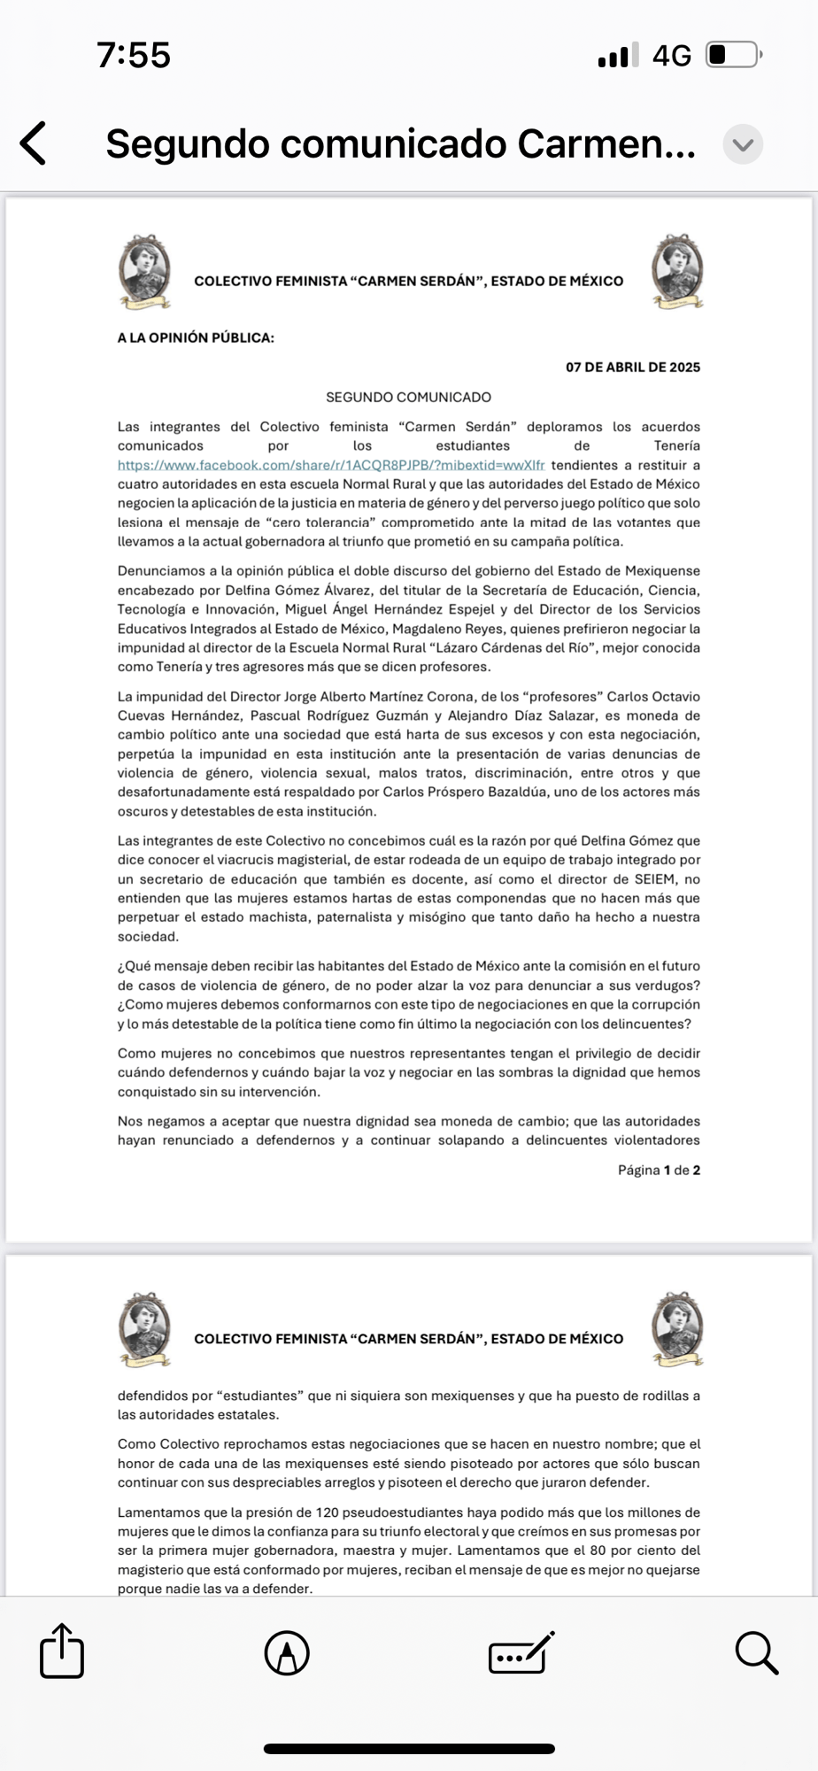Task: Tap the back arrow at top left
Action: [x=34, y=143]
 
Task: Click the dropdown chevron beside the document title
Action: [x=743, y=144]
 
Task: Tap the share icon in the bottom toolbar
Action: [x=62, y=1651]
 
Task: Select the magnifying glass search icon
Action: [x=756, y=1652]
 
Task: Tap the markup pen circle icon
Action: [x=287, y=1652]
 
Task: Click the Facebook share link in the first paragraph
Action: [x=331, y=466]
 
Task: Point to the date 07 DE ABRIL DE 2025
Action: [x=633, y=367]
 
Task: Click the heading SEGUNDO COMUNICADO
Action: [x=408, y=398]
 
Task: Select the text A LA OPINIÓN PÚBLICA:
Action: [x=196, y=337]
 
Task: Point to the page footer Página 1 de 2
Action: [x=659, y=1171]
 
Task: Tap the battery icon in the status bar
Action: [x=733, y=56]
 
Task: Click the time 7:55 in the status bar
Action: [x=134, y=56]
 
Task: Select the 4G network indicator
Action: [x=671, y=57]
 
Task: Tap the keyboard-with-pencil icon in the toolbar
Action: [x=521, y=1652]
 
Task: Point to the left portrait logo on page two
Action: [x=144, y=1329]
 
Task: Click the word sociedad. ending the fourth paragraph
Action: [x=148, y=937]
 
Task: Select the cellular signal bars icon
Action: [x=618, y=57]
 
